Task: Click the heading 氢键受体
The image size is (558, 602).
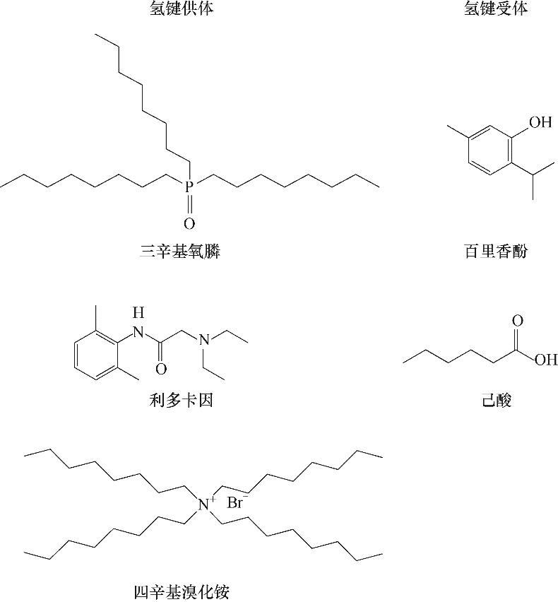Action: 496,9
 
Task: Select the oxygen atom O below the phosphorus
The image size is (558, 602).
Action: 189,224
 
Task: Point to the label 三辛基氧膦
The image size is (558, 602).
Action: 180,252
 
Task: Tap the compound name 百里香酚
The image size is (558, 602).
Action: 496,252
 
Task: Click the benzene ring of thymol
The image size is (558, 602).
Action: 489,150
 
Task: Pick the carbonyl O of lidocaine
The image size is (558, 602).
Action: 161,368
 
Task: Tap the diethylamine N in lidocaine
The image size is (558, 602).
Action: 204,341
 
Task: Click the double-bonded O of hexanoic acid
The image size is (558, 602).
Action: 518,321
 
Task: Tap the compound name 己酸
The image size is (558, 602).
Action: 496,401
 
